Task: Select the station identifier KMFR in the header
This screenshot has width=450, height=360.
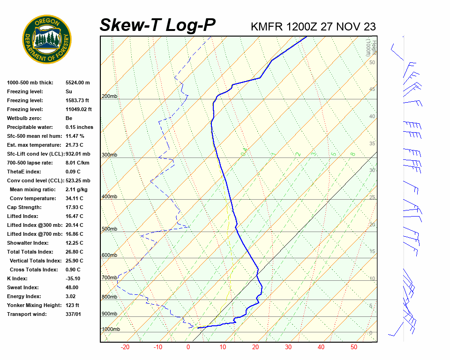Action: (x=267, y=27)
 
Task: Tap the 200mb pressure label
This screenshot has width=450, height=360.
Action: (x=109, y=97)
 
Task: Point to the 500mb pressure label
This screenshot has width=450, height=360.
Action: (x=109, y=229)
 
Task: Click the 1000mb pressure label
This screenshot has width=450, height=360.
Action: (x=111, y=330)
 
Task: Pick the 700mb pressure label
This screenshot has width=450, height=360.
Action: (x=109, y=278)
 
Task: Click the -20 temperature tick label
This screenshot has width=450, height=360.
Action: (x=125, y=347)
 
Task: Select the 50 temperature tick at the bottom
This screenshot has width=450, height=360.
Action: (x=354, y=347)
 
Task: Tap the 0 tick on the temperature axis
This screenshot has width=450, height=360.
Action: (x=188, y=347)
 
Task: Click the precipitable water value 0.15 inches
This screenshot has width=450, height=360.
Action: (x=79, y=127)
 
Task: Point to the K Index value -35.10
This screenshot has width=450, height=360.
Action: (x=74, y=278)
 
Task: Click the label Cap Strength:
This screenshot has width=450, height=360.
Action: (x=24, y=207)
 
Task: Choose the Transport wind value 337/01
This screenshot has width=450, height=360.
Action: (x=74, y=314)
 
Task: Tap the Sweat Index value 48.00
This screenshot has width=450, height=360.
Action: (x=72, y=287)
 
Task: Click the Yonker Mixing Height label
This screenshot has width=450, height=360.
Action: (x=34, y=305)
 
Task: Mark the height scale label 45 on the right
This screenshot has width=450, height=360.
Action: (x=372, y=90)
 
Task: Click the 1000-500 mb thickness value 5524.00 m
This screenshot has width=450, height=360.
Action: (x=78, y=82)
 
